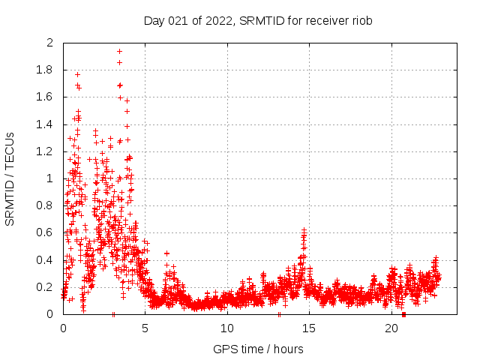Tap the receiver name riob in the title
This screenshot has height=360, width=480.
point(360,20)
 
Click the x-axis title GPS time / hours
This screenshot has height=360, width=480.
point(258,349)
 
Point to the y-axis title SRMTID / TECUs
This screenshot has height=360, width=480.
point(10,178)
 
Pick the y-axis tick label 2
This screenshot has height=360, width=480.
point(50,43)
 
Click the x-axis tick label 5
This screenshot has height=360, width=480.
point(145,328)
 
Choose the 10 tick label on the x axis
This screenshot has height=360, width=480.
point(227,328)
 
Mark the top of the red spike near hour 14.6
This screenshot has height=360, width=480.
point(304,230)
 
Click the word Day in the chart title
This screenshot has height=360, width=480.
point(154,20)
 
